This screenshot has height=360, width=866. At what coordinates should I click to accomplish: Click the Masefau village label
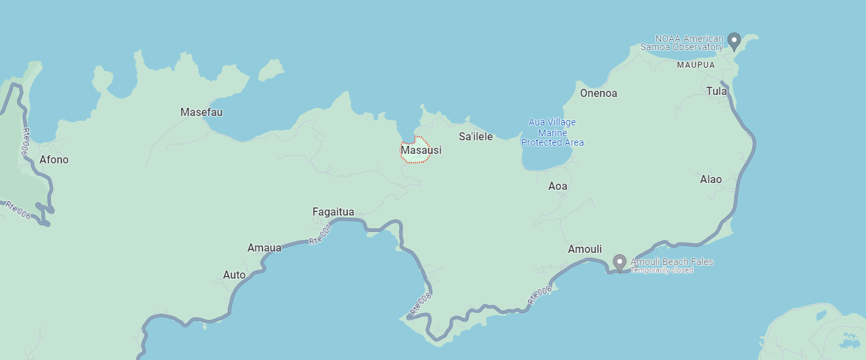201,112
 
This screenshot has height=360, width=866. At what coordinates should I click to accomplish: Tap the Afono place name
54,160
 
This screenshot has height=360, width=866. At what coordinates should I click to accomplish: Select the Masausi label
421,150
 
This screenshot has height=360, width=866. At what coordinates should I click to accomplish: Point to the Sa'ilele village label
476,136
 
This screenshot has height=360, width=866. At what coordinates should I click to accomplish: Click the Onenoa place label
598,94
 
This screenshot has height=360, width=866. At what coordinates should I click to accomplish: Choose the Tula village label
716,91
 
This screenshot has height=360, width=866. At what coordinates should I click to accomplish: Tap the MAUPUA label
696,65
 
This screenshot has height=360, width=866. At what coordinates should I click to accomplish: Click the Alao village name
711,179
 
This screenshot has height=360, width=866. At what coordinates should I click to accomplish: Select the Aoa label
558,186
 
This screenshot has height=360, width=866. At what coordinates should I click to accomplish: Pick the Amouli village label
585,249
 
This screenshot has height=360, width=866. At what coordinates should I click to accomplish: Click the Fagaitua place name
333,212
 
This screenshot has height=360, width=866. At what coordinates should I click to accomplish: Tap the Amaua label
264,247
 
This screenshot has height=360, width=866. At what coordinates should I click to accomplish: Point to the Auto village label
234,275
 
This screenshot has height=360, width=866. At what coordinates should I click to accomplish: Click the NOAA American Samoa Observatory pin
734,41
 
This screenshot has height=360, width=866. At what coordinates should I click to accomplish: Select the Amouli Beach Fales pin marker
619,262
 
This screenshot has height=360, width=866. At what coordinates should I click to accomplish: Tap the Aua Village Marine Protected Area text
552,132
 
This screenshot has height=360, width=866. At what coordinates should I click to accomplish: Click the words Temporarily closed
662,270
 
